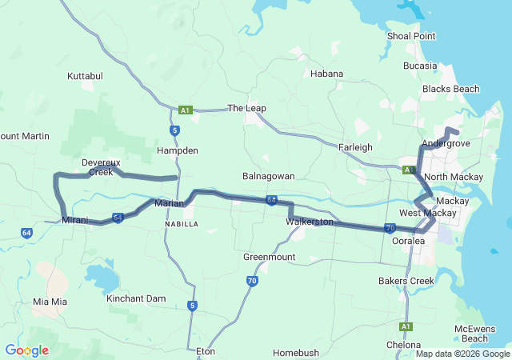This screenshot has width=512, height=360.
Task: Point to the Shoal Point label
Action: pyautogui.click(x=411, y=36)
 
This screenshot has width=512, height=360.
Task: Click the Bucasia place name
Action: pyautogui.click(x=421, y=66)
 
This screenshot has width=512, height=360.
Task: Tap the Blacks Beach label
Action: pyautogui.click(x=450, y=89)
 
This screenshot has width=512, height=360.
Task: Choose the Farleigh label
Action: pyautogui.click(x=356, y=147)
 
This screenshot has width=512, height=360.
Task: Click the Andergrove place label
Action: pyautogui.click(x=446, y=143)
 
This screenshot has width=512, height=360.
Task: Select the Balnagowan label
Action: pyautogui.click(x=269, y=175)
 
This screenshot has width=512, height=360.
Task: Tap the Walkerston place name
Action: pyautogui.click(x=309, y=222)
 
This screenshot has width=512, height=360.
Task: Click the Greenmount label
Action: pyautogui.click(x=270, y=257)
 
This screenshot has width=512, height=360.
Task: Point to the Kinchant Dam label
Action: pyautogui.click(x=136, y=298)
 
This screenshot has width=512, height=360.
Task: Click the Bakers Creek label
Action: pyautogui.click(x=406, y=281)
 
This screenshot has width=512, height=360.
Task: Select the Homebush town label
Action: pyautogui.click(x=296, y=353)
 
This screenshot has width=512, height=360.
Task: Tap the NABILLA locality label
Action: pyautogui.click(x=181, y=225)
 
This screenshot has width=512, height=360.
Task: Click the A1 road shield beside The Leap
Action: pyautogui.click(x=186, y=110)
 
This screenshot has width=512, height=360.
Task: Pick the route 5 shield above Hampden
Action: pyautogui.click(x=174, y=130)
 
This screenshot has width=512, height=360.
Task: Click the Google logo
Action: pyautogui.click(x=26, y=350)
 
